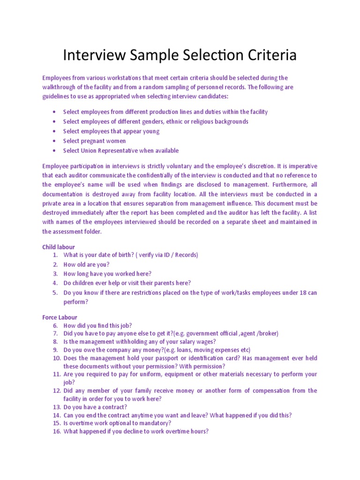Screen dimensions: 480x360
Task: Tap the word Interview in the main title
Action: pyautogui.click(x=91, y=55)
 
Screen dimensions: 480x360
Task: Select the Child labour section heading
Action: pyautogui.click(x=58, y=247)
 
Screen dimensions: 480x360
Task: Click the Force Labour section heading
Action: pyautogui.click(x=60, y=317)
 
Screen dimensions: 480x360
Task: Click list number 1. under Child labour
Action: pyautogui.click(x=55, y=255)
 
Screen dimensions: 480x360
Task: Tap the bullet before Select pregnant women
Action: pyautogui.click(x=55, y=141)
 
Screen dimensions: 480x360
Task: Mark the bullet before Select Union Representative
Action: pyautogui.click(x=55, y=150)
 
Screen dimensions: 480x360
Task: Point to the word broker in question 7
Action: pyautogui.click(x=268, y=333)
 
